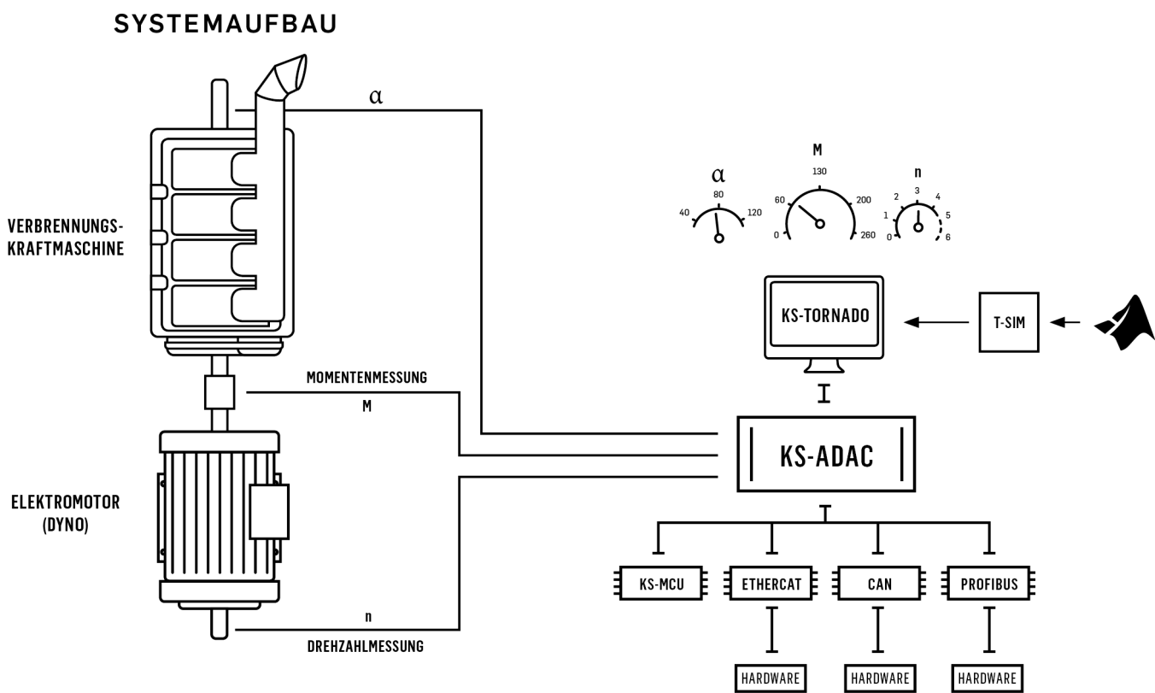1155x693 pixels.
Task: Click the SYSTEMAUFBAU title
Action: point(225,24)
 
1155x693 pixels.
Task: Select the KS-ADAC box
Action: point(826,455)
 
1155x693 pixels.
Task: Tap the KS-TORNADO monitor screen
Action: point(824,314)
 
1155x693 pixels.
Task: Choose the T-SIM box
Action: point(1009,322)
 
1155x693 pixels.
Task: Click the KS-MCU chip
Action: point(661,584)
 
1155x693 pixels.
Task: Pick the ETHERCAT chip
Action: point(771,584)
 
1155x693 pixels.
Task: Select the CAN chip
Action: point(879,584)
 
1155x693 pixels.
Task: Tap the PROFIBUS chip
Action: point(989,584)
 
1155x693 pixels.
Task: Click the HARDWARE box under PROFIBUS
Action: point(987,678)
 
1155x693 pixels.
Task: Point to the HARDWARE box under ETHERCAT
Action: point(771,678)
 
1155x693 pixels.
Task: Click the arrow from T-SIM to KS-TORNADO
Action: point(936,322)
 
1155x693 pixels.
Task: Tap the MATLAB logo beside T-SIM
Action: point(1125,323)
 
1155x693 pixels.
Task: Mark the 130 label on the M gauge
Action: point(819,171)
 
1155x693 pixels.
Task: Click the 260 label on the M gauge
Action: point(868,235)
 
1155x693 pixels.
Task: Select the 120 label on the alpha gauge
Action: point(754,213)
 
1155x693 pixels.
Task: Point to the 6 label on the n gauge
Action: point(947,238)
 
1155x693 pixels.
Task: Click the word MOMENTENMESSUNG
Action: point(366,378)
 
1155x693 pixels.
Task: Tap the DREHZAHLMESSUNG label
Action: point(366,646)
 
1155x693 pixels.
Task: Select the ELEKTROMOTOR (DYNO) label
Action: point(66,513)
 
